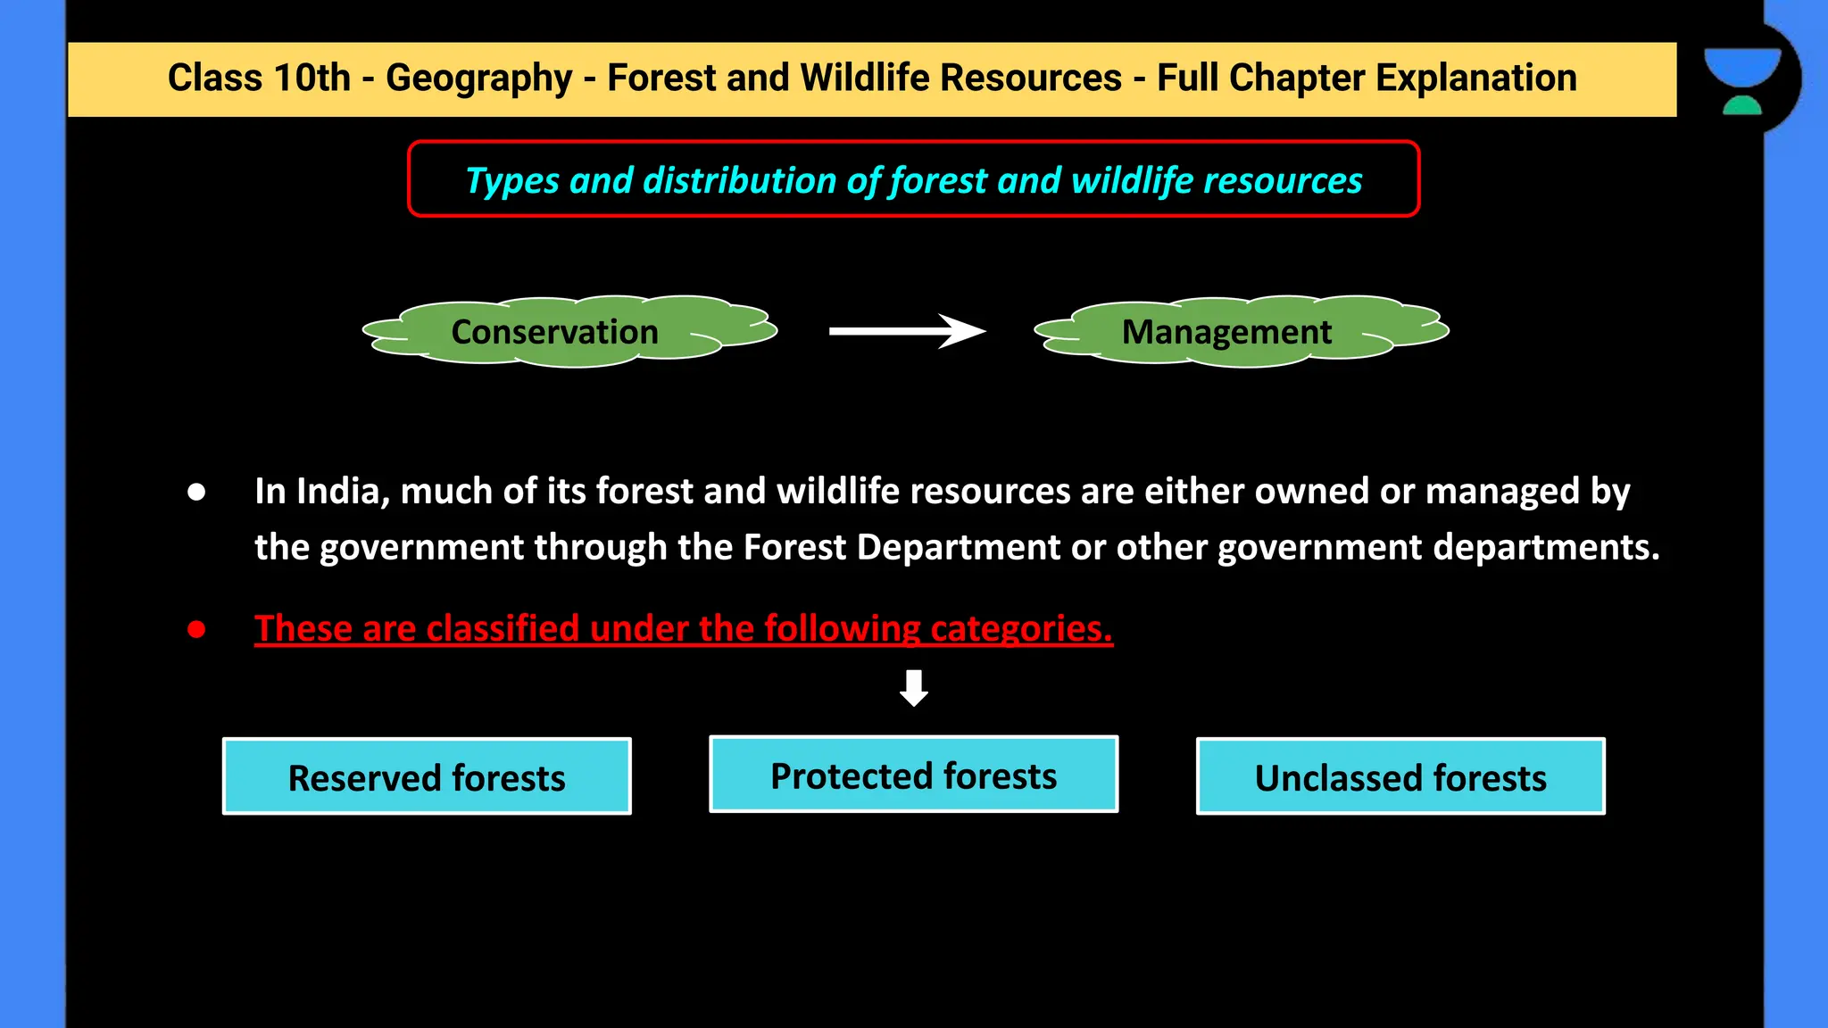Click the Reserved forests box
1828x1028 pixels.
click(427, 776)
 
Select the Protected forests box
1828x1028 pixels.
click(913, 775)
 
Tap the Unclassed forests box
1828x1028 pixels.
click(1400, 776)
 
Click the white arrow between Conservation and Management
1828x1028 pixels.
click(906, 331)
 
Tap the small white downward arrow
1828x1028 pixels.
click(913, 688)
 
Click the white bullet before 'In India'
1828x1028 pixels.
click(196, 492)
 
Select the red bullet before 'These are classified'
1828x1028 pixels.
click(196, 629)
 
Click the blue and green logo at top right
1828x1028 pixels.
click(1742, 80)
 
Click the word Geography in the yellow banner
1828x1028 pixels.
click(478, 79)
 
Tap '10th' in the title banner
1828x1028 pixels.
click(312, 79)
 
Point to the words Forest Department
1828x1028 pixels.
click(902, 547)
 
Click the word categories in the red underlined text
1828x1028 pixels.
click(1021, 629)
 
